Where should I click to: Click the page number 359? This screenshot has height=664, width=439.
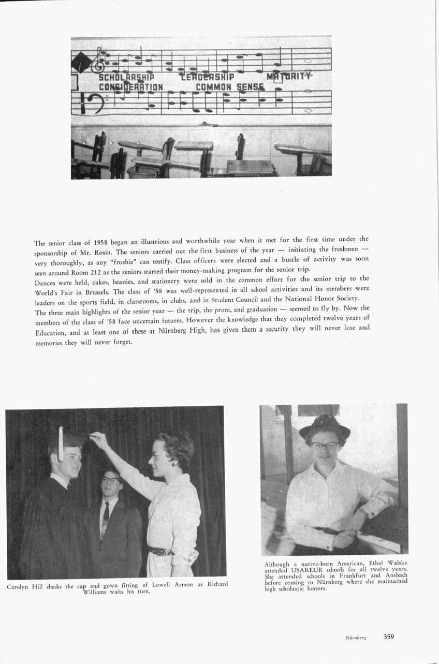coord(389,637)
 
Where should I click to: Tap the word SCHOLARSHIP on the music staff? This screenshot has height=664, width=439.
coord(122,78)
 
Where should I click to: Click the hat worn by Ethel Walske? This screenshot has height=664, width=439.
coord(325,426)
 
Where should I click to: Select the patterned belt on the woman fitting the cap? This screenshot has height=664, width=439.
coord(162,551)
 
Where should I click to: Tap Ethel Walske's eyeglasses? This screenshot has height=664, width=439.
coord(325,445)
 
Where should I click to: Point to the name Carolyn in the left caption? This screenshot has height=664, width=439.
coord(19,586)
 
